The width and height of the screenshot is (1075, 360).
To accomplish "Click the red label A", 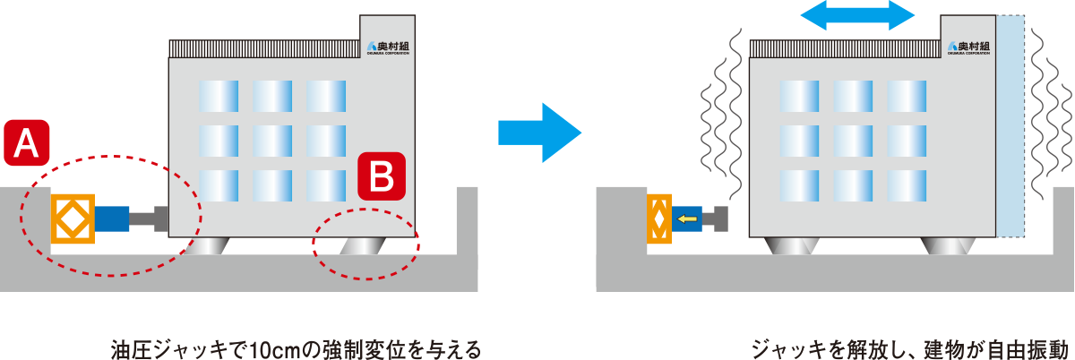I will click(x=27, y=144).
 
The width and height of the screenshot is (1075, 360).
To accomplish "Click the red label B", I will click(x=383, y=176).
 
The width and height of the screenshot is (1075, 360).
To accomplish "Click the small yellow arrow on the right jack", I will click(x=687, y=218).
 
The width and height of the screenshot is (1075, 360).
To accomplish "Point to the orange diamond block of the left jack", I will click(x=73, y=218).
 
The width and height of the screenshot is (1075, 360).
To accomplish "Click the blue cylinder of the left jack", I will click(x=112, y=218).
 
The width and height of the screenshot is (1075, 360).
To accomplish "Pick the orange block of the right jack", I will click(x=658, y=218).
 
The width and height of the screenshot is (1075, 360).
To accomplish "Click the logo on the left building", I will click(x=388, y=47).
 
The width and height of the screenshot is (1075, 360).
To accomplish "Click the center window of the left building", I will click(x=272, y=139).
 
